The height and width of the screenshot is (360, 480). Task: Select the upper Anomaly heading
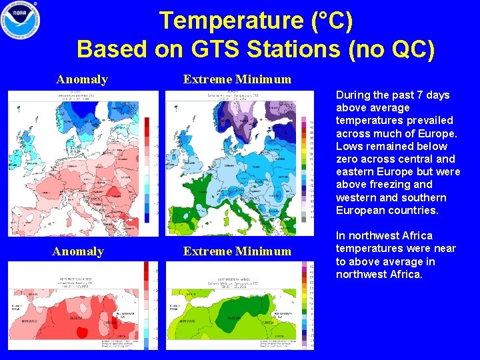tap(82, 80)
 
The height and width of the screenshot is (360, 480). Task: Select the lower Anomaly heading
tap(78, 251)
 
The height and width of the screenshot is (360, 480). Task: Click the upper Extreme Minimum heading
tap(237, 80)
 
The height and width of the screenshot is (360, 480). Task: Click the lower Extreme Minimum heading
tap(237, 251)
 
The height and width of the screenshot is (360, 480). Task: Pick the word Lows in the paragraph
tap(348, 146)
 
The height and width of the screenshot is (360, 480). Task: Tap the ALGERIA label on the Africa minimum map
tap(233, 319)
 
